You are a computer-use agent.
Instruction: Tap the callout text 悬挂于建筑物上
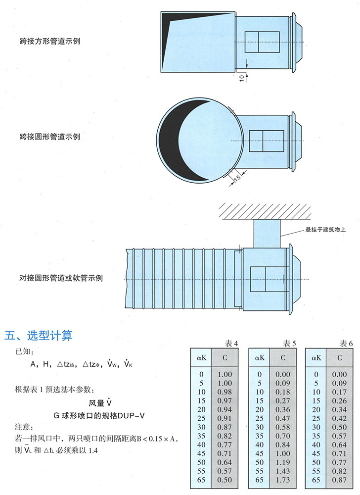pyautogui.click(x=322, y=230)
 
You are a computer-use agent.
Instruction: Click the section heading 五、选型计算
pyautogui.click(x=39, y=336)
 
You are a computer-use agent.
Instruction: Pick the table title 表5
pyautogui.click(x=290, y=343)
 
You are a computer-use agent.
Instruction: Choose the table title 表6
pyautogui.click(x=347, y=343)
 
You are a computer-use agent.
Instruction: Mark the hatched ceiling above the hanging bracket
pyautogui.click(x=267, y=212)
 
